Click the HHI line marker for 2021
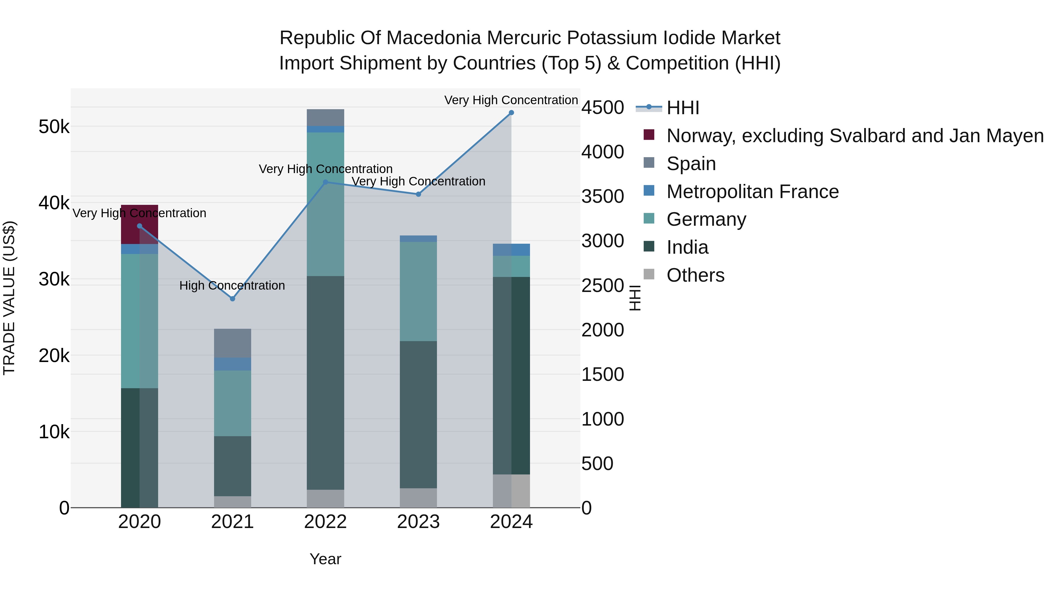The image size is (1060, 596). click(x=233, y=299)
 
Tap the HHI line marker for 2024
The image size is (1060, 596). click(x=511, y=113)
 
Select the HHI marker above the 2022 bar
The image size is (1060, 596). click(x=325, y=182)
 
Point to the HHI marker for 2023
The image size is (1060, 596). click(x=418, y=194)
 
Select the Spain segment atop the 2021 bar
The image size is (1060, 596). click(x=233, y=343)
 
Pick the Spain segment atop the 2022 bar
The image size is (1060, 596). click(x=325, y=118)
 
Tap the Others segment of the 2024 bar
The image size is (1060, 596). click(x=511, y=491)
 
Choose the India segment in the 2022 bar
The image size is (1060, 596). click(x=325, y=383)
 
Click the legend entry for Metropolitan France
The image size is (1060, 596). click(x=752, y=192)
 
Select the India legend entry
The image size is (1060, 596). click(x=687, y=248)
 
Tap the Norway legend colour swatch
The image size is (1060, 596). click(x=649, y=135)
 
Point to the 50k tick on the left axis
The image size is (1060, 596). click(x=54, y=127)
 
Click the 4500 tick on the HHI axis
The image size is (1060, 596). click(x=602, y=108)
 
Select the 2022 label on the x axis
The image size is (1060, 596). click(x=325, y=522)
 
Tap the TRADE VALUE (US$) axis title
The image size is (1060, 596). click(x=9, y=298)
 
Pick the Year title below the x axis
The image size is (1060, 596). click(x=325, y=559)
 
